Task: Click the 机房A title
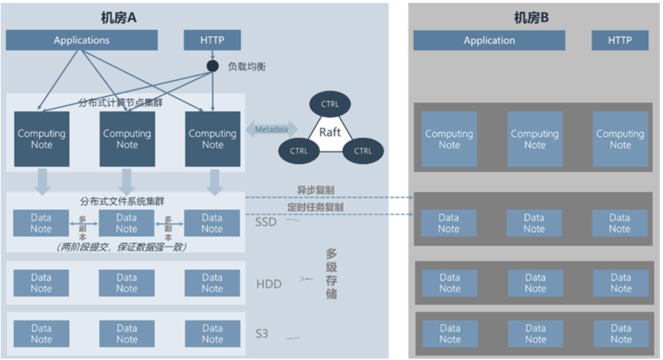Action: coord(118,18)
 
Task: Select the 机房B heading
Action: coord(531,18)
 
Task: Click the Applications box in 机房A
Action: coord(82,41)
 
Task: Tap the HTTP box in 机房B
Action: coord(619,41)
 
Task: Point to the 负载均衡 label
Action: coord(247,66)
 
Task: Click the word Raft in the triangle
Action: coord(330,132)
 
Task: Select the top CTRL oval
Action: coord(330,104)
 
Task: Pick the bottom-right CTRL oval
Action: coord(363,151)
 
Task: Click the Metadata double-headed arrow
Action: coord(271,130)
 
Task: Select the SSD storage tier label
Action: coord(266,222)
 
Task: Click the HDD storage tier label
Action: coord(268,284)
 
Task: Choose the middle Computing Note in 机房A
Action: coord(127,139)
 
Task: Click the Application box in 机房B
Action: coord(489,41)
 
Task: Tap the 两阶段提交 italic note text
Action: coord(120,247)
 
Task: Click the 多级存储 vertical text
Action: coord(332,274)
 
